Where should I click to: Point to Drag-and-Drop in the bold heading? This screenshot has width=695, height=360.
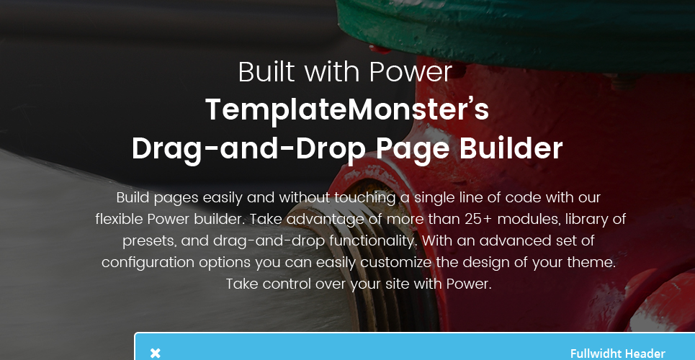click(x=249, y=150)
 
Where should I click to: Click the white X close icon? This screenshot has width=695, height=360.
click(x=155, y=354)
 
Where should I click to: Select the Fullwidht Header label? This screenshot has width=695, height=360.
click(x=617, y=354)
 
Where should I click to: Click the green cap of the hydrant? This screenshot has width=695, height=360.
click(x=514, y=31)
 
